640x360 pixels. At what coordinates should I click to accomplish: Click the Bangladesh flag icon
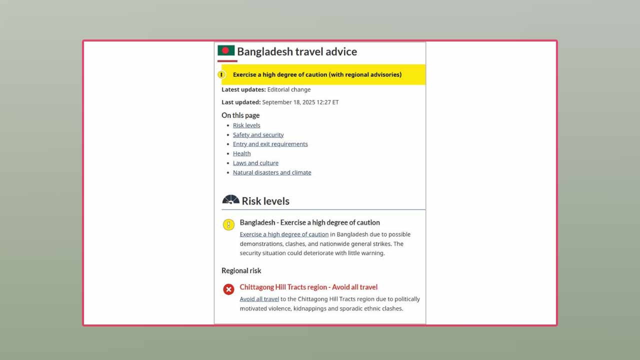(226, 50)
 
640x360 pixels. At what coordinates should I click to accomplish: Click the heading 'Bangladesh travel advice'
(297, 51)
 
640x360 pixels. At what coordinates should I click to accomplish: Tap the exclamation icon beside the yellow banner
(221, 74)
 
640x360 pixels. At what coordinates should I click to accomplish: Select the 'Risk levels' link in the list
(246, 125)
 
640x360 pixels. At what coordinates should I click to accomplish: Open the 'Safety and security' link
(258, 135)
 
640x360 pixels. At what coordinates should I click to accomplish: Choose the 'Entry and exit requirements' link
(270, 144)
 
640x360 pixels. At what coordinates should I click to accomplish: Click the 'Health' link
(241, 153)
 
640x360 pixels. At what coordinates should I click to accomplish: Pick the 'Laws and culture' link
(255, 163)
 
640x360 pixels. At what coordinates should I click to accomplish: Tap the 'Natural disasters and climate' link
(272, 172)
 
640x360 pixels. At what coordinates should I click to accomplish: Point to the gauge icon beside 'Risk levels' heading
(230, 200)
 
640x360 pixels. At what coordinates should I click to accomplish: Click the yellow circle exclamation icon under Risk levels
(228, 225)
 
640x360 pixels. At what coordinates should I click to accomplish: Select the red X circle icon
(228, 289)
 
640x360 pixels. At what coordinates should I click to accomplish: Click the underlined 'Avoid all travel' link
(259, 299)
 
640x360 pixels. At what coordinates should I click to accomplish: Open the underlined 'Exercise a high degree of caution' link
(284, 234)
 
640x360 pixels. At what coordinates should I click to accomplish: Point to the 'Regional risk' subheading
(241, 270)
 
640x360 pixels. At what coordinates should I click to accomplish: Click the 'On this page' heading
(240, 115)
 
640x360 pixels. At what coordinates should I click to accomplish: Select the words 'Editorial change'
(289, 89)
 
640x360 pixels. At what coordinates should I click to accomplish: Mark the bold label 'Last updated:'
(241, 102)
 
